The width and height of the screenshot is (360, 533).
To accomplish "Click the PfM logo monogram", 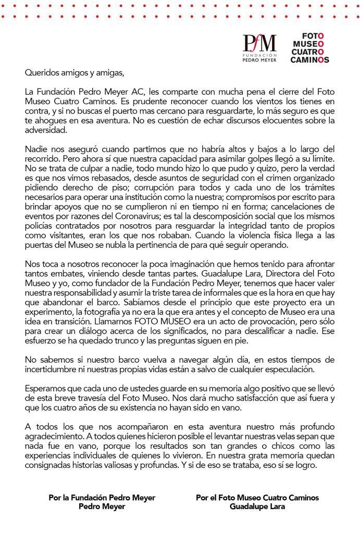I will (259, 42).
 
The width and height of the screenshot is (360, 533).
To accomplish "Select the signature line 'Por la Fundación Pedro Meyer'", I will (102, 497).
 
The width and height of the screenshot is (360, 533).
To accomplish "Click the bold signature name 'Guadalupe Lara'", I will (258, 506).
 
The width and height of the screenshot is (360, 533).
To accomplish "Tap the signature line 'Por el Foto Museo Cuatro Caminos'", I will (257, 497).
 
